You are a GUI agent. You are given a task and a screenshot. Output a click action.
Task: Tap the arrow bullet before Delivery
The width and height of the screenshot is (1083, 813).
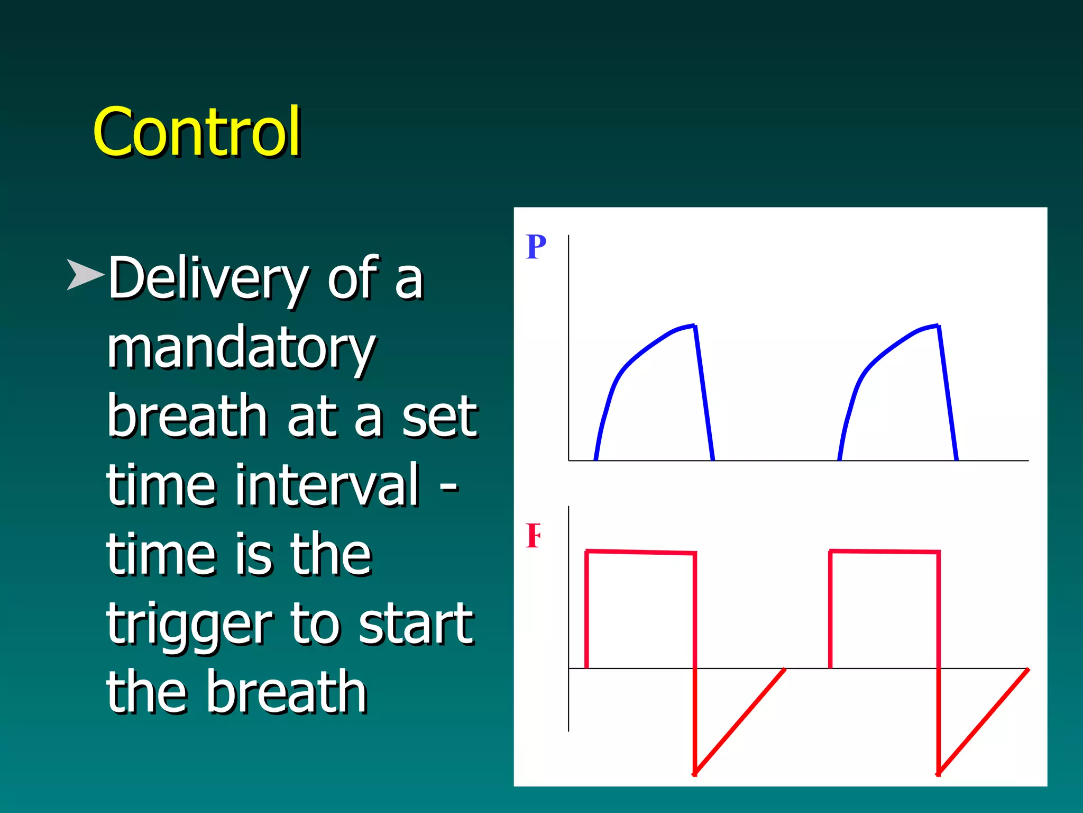(x=85, y=274)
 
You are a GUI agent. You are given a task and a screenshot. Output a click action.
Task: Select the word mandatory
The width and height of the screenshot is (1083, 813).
(x=241, y=348)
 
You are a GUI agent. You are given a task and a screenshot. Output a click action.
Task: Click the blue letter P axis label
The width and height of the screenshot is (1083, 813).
(x=536, y=247)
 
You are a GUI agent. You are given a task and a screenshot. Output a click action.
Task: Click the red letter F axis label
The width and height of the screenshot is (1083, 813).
(x=533, y=536)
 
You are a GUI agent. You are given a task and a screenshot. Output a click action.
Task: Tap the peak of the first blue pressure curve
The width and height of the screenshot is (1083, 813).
(x=693, y=326)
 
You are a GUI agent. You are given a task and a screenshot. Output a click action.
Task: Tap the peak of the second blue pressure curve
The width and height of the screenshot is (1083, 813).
(x=937, y=326)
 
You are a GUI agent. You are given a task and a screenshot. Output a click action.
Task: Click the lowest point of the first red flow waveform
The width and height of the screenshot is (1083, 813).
(x=695, y=774)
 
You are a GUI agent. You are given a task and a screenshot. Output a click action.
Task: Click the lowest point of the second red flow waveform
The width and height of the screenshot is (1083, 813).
(x=938, y=774)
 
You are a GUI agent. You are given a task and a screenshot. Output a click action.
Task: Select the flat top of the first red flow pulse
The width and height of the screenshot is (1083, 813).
(x=640, y=552)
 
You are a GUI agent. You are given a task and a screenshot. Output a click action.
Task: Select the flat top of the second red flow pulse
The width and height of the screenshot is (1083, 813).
(x=884, y=552)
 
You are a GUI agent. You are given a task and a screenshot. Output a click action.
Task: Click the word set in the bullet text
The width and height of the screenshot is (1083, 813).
(x=439, y=417)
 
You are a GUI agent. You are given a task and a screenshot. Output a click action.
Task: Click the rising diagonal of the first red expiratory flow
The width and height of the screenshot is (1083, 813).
(x=740, y=721)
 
